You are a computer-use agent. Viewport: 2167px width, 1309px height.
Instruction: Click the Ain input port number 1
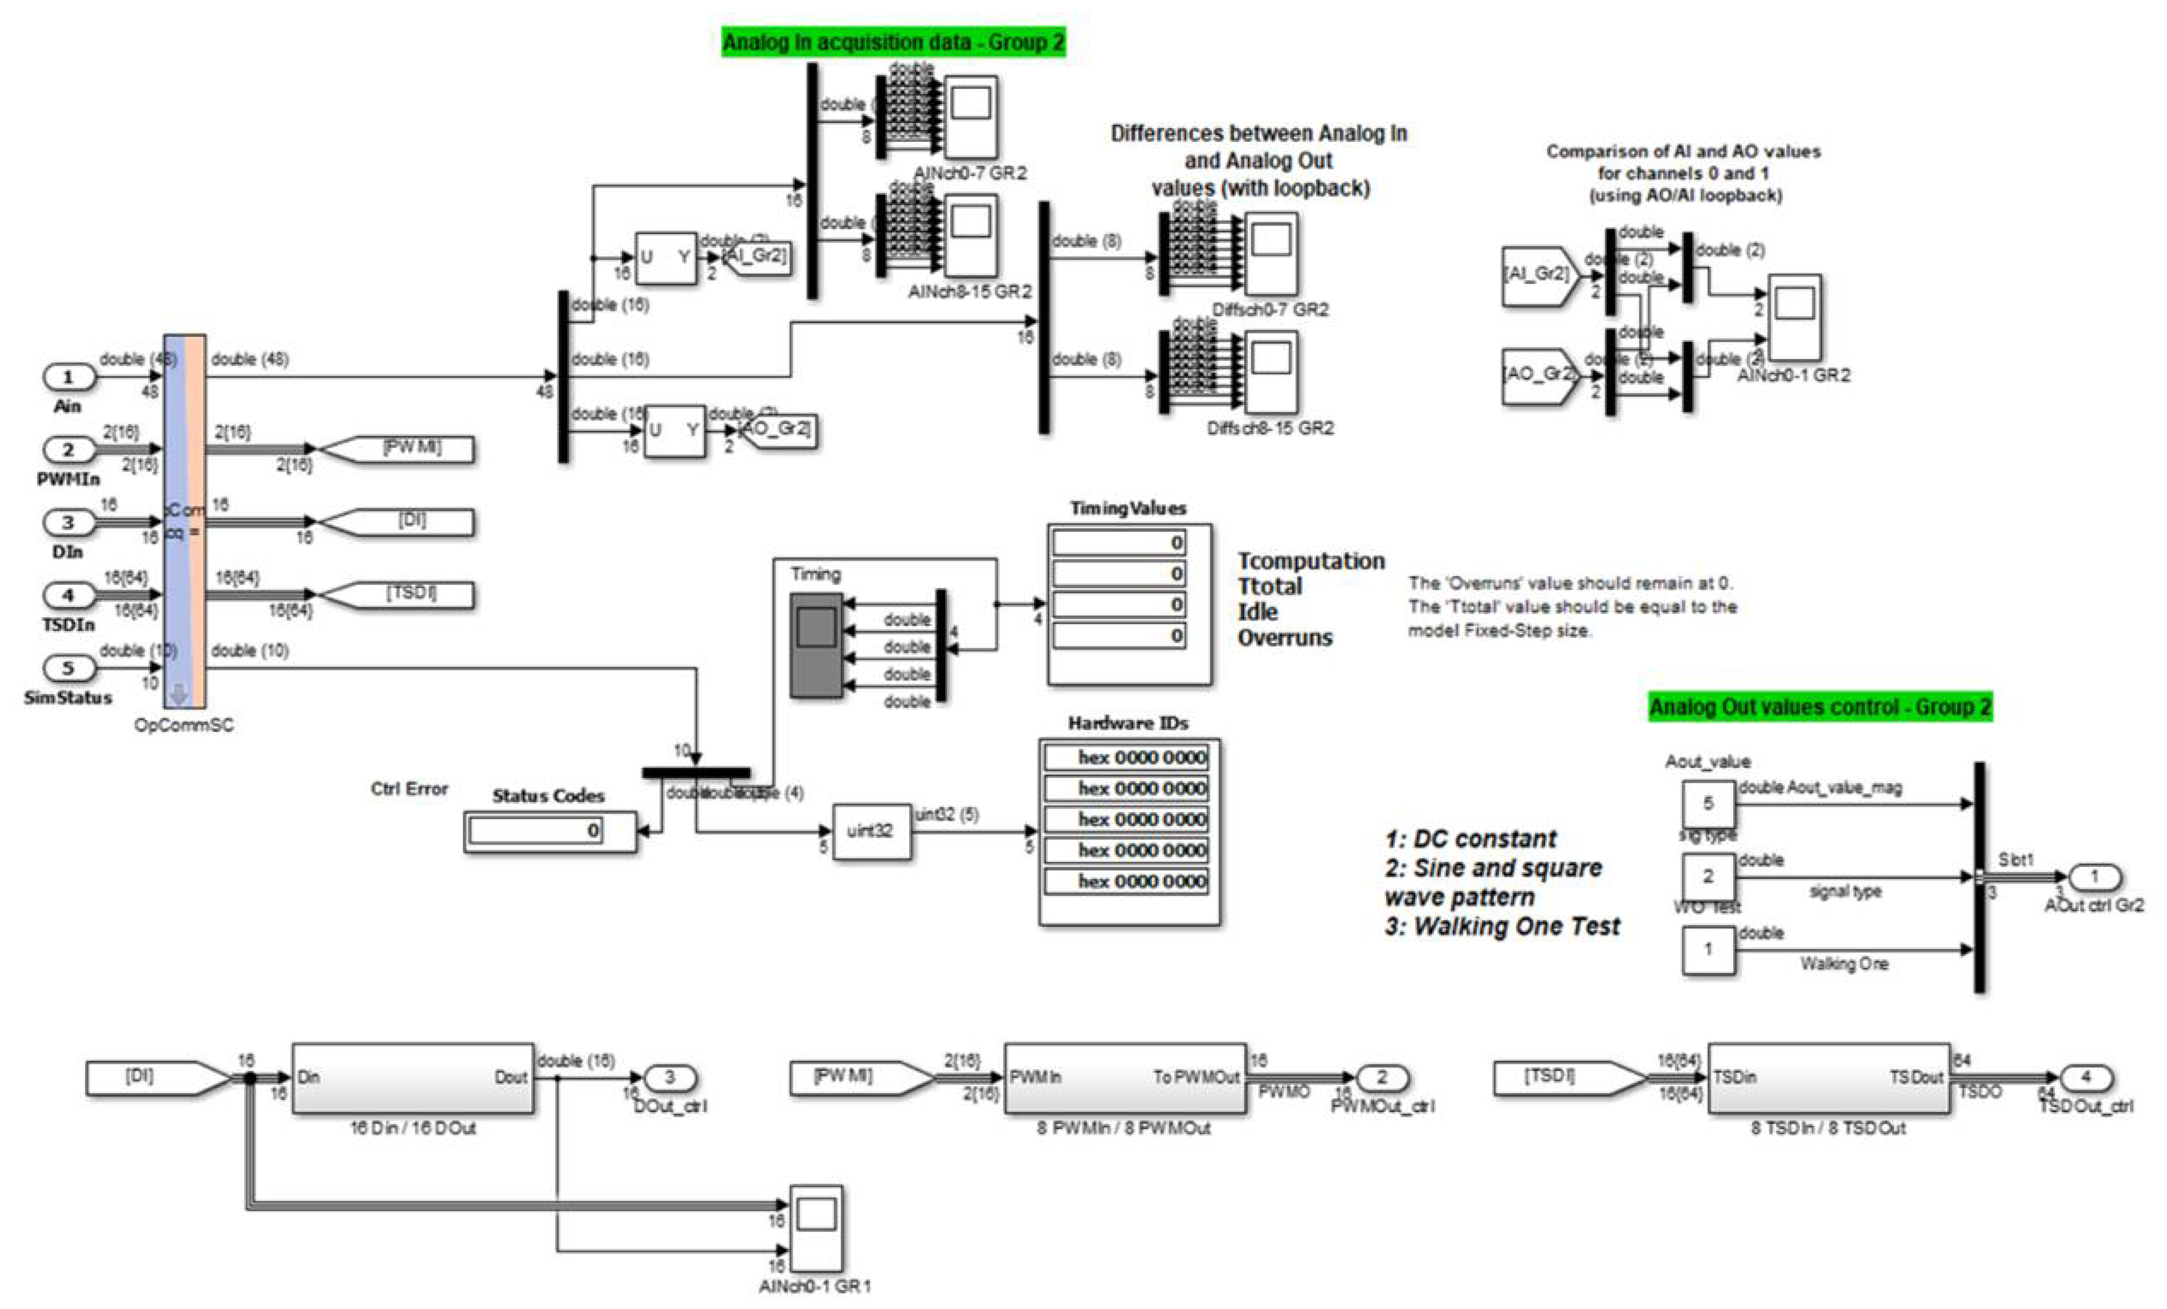[x=68, y=377]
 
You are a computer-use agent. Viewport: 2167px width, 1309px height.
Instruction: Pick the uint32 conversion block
[x=871, y=831]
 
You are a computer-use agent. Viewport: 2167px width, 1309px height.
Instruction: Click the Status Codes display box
[x=550, y=831]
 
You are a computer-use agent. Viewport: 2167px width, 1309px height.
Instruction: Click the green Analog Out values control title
[x=1819, y=707]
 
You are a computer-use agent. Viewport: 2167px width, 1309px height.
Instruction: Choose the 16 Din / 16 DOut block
[x=412, y=1079]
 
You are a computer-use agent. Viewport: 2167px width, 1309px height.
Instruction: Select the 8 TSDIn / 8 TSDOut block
[x=1829, y=1079]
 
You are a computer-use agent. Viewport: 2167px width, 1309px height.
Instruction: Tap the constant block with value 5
[x=1708, y=803]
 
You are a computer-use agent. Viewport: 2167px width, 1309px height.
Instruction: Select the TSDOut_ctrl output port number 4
[x=2085, y=1078]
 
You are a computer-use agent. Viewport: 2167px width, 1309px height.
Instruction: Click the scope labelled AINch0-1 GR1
[x=816, y=1227]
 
